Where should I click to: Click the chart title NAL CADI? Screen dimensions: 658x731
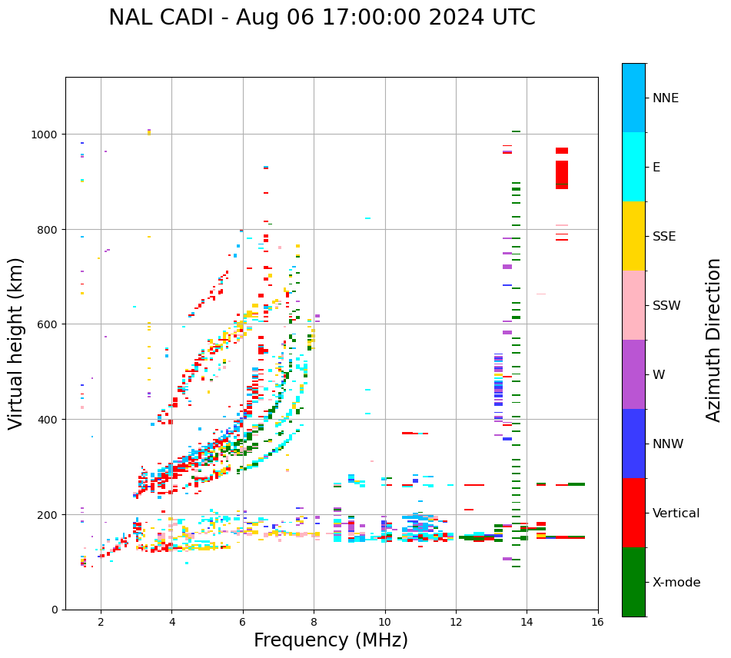(321, 18)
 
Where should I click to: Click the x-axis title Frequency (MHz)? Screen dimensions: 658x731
(331, 640)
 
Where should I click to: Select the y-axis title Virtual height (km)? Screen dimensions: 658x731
(16, 343)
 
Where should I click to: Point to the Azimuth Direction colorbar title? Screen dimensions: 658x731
(714, 340)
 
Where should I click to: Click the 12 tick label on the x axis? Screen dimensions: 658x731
(456, 623)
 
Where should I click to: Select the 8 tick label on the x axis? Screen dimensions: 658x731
(314, 623)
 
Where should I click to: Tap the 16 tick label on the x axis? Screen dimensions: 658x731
(598, 623)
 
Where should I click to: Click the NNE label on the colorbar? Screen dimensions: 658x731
(666, 98)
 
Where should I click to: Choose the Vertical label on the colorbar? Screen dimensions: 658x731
(676, 513)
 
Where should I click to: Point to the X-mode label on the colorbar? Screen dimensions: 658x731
(676, 583)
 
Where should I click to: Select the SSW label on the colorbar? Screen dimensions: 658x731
(666, 306)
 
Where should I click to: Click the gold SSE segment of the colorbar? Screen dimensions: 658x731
(633, 236)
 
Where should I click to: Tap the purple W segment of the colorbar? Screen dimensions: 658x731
(633, 374)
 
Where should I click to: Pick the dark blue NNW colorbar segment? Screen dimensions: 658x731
(633, 444)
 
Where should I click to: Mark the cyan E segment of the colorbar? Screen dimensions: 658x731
(633, 167)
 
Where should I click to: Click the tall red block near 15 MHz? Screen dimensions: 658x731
(562, 174)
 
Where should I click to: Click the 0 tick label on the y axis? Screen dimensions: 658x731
(55, 610)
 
